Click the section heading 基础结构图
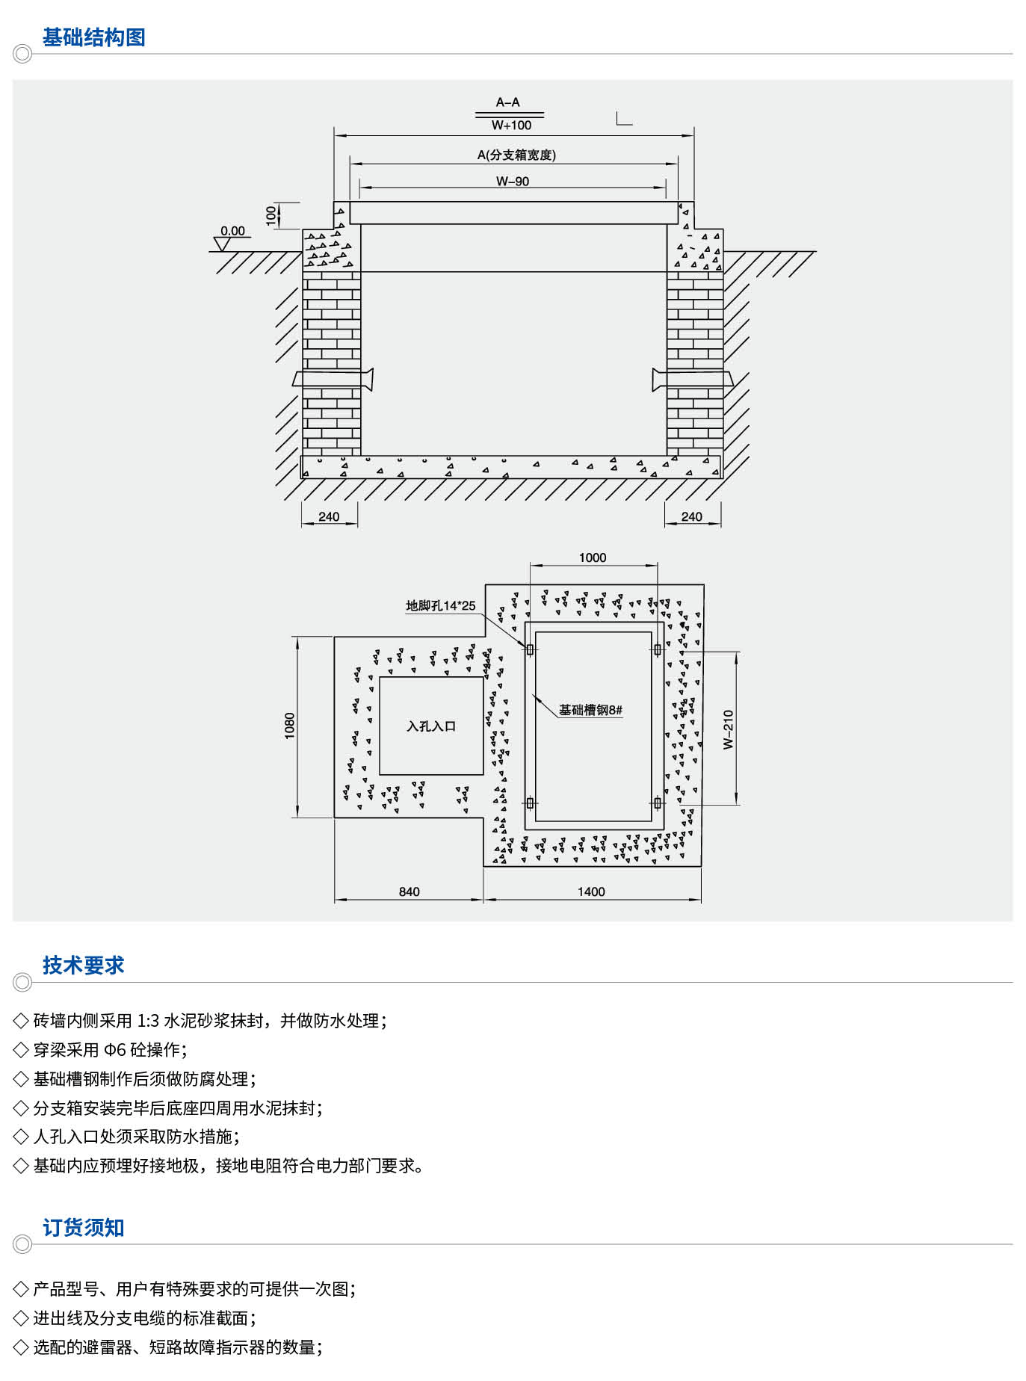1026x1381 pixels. point(93,37)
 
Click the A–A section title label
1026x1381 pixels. point(508,102)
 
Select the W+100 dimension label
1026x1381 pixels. point(511,126)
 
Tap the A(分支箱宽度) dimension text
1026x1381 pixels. point(516,155)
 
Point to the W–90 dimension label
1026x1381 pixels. point(513,181)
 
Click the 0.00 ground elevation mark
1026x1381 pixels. point(232,231)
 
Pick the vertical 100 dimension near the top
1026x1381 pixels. point(271,215)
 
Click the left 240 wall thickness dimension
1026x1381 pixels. point(329,516)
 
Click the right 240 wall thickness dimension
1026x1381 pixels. point(691,516)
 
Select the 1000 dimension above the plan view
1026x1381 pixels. point(593,557)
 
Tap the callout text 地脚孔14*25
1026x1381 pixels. point(440,605)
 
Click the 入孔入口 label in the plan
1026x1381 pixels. point(431,726)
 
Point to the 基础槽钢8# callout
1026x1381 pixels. point(590,710)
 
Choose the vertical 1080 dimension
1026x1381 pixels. point(289,726)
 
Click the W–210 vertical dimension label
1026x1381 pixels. point(729,729)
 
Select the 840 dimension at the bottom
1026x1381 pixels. point(409,892)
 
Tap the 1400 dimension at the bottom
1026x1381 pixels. point(591,892)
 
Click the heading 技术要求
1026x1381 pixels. point(83,966)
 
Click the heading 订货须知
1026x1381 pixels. point(83,1228)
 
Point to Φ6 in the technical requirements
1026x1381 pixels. point(115,1050)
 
